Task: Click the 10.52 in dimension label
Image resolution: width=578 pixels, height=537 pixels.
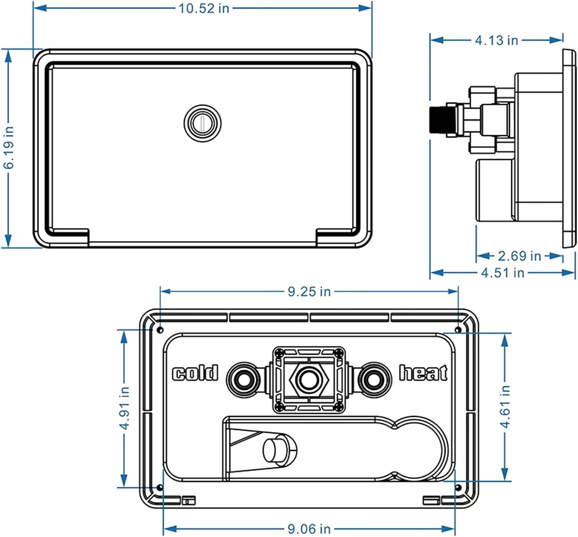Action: click(x=203, y=8)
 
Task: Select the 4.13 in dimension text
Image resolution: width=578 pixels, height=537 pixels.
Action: click(x=496, y=40)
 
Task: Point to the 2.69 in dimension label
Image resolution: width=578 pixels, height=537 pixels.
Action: click(x=519, y=256)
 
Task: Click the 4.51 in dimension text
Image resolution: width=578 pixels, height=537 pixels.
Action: click(x=502, y=273)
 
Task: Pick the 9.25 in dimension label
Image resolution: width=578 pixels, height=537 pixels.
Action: click(x=309, y=291)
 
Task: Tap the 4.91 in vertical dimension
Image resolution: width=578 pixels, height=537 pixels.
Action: click(x=124, y=408)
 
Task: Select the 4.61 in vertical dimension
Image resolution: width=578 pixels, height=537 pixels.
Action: click(x=505, y=406)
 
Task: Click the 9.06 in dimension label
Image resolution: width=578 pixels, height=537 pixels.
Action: click(x=309, y=529)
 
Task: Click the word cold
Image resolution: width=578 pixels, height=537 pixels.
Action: click(x=195, y=373)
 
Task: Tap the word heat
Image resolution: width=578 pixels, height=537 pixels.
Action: click(x=423, y=373)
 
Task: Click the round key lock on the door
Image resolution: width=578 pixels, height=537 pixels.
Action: click(x=202, y=123)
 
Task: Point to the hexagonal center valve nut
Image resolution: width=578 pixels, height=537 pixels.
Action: click(x=308, y=380)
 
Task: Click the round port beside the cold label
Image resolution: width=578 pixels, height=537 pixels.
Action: click(x=242, y=380)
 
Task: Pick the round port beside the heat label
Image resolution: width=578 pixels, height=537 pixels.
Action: click(x=373, y=380)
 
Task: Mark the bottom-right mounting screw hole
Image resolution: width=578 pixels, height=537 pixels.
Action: click(x=458, y=488)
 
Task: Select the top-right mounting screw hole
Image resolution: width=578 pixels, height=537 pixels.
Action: click(x=458, y=330)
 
